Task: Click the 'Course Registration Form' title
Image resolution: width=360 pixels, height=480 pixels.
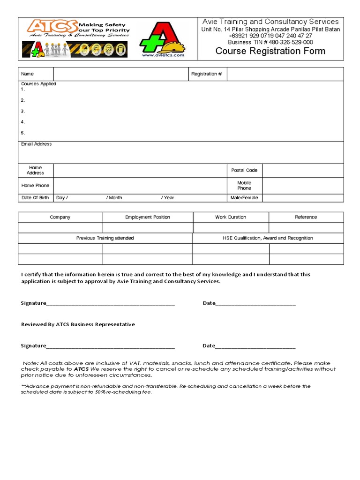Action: [270, 51]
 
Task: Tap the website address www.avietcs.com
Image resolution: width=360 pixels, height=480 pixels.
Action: [163, 55]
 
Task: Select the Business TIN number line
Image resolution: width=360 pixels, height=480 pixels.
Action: [270, 42]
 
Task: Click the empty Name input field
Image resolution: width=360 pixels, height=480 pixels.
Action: [120, 74]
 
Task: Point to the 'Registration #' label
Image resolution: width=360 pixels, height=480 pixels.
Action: [207, 74]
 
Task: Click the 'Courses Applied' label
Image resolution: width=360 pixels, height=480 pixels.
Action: [38, 84]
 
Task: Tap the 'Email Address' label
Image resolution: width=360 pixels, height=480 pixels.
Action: [36, 144]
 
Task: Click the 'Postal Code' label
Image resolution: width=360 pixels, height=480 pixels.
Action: [244, 170]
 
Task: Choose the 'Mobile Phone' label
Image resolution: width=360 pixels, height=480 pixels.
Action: [244, 185]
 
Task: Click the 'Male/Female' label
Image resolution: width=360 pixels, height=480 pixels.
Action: [244, 198]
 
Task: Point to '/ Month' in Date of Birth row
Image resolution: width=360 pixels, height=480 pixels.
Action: [114, 198]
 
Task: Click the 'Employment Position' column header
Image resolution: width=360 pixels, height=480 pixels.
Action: [148, 217]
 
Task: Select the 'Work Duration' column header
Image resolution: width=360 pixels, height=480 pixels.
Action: [231, 217]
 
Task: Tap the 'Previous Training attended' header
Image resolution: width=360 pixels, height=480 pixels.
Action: [105, 238]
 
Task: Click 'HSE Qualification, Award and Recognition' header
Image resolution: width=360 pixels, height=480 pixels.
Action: [268, 238]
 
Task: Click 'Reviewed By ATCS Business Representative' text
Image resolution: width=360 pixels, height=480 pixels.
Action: [78, 324]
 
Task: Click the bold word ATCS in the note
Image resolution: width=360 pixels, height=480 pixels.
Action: [81, 369]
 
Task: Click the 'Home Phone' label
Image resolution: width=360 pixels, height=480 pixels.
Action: [35, 185]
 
